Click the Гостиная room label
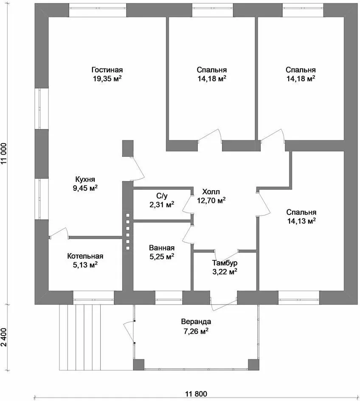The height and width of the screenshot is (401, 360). coord(107,70)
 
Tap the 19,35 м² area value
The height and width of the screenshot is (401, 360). coord(107,78)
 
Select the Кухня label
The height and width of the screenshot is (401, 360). coord(85,179)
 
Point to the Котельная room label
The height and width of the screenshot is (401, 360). coord(85,256)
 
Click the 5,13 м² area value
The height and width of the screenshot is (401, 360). coord(85,265)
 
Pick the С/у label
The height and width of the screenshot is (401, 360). coord(162,196)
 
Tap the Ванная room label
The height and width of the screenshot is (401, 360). coord(162,248)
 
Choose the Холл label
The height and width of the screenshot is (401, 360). coord(211,192)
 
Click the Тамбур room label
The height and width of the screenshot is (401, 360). coord(225,263)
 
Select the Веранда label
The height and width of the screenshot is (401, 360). coord(196,322)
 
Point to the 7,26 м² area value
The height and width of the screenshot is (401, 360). coord(196,331)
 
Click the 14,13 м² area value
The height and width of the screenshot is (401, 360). coord(301,221)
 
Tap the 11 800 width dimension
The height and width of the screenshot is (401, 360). coord(196,394)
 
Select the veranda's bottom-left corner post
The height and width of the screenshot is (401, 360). coord(139,365)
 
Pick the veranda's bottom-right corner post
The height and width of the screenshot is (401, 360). coord(254,365)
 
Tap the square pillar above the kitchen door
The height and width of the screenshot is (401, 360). coord(127,148)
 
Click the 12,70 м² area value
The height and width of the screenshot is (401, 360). coord(211,200)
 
